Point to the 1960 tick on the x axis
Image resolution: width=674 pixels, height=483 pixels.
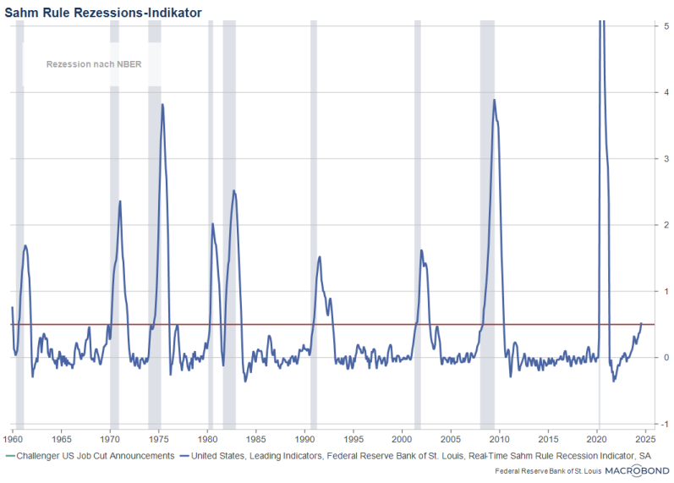pyautogui.click(x=12, y=440)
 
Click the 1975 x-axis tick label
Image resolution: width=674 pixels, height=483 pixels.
pyautogui.click(x=158, y=440)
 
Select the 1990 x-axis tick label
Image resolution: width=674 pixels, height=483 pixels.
pyautogui.click(x=305, y=440)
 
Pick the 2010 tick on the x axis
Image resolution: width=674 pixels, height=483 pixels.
pyautogui.click(x=500, y=440)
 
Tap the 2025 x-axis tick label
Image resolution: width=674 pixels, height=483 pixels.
pyautogui.click(x=646, y=440)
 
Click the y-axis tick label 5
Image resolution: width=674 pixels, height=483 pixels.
pyautogui.click(x=668, y=26)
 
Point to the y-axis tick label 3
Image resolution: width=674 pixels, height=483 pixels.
pyautogui.click(x=668, y=158)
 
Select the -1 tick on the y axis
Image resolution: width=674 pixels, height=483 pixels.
pyautogui.click(x=666, y=424)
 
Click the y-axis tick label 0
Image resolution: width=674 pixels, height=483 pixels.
pyautogui.click(x=668, y=357)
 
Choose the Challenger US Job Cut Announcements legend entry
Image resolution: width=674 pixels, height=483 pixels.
pyautogui.click(x=93, y=455)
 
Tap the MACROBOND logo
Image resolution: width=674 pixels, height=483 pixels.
pyautogui.click(x=637, y=469)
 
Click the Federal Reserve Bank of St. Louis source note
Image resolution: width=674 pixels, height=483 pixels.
pyautogui.click(x=546, y=470)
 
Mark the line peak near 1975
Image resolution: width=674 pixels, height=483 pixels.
pyautogui.click(x=162, y=104)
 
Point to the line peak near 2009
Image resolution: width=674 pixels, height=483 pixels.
pyautogui.click(x=494, y=100)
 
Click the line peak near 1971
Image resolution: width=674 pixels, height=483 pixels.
pyautogui.click(x=120, y=201)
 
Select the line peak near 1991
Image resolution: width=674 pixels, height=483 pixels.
pyautogui.click(x=320, y=257)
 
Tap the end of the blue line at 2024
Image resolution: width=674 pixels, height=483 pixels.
pyautogui.click(x=641, y=323)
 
